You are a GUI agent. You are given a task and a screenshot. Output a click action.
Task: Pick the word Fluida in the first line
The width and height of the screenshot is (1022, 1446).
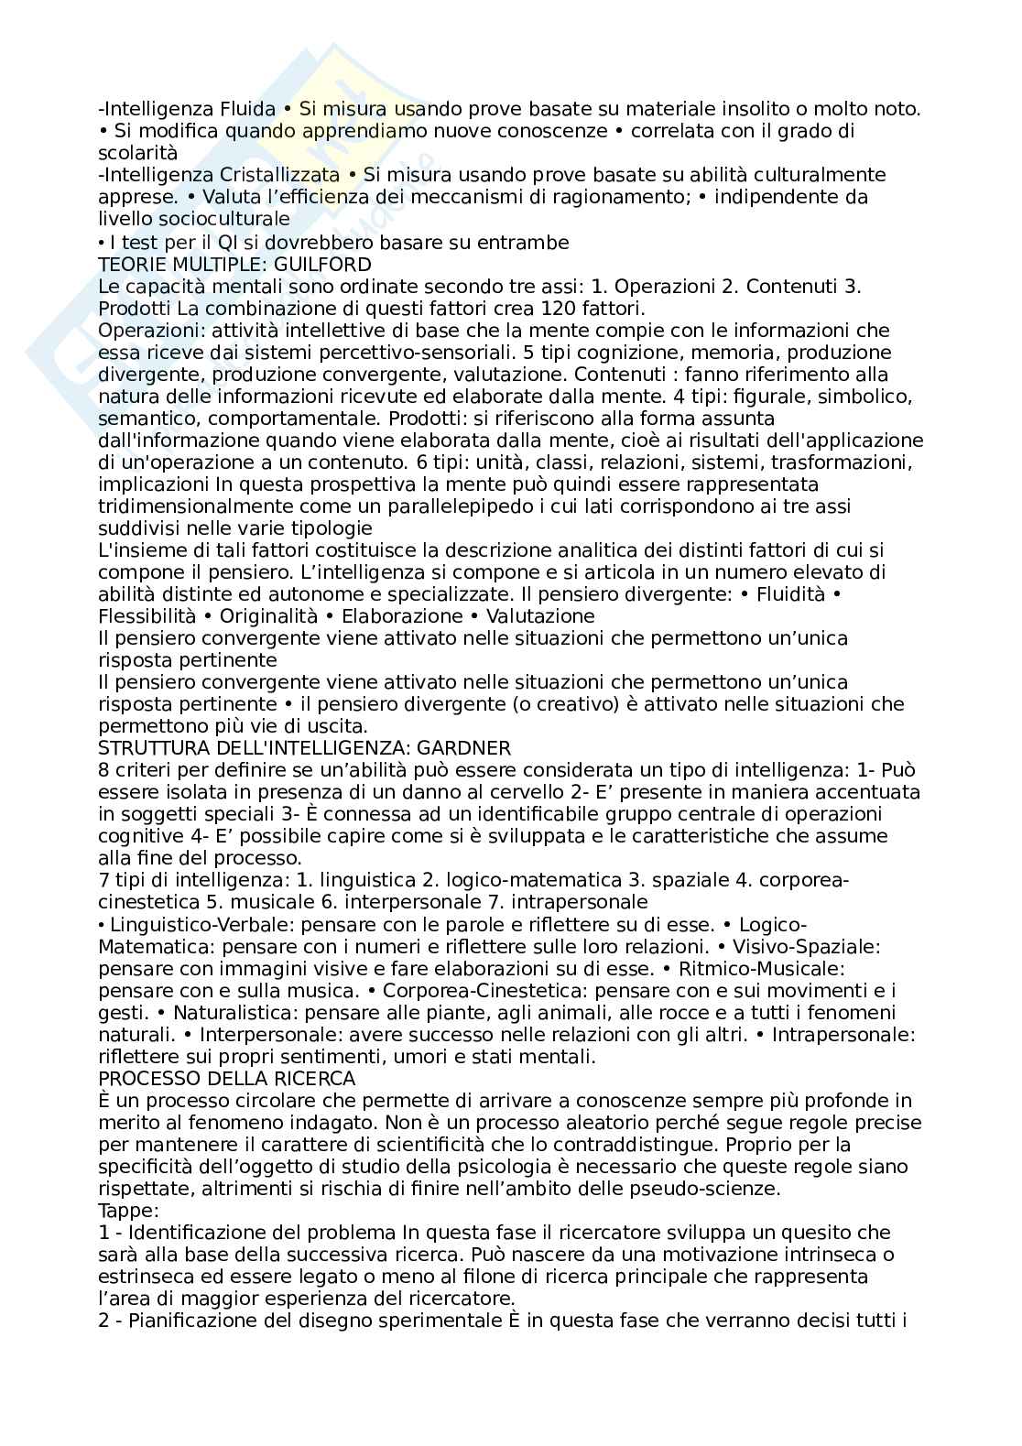click(x=249, y=109)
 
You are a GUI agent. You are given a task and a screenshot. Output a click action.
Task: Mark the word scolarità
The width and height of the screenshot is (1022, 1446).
click(x=137, y=153)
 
